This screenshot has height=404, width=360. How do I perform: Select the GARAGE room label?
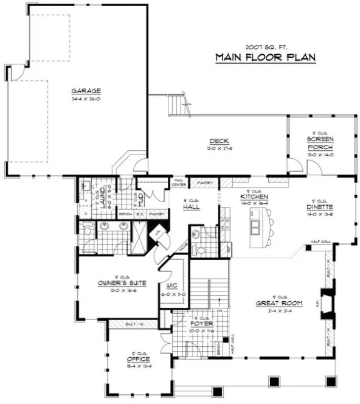click(85, 91)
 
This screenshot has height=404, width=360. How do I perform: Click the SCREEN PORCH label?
click(320, 143)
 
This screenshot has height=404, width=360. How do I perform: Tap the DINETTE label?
click(318, 207)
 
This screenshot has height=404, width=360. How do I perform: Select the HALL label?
click(192, 207)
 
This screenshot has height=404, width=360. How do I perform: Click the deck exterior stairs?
click(177, 105)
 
